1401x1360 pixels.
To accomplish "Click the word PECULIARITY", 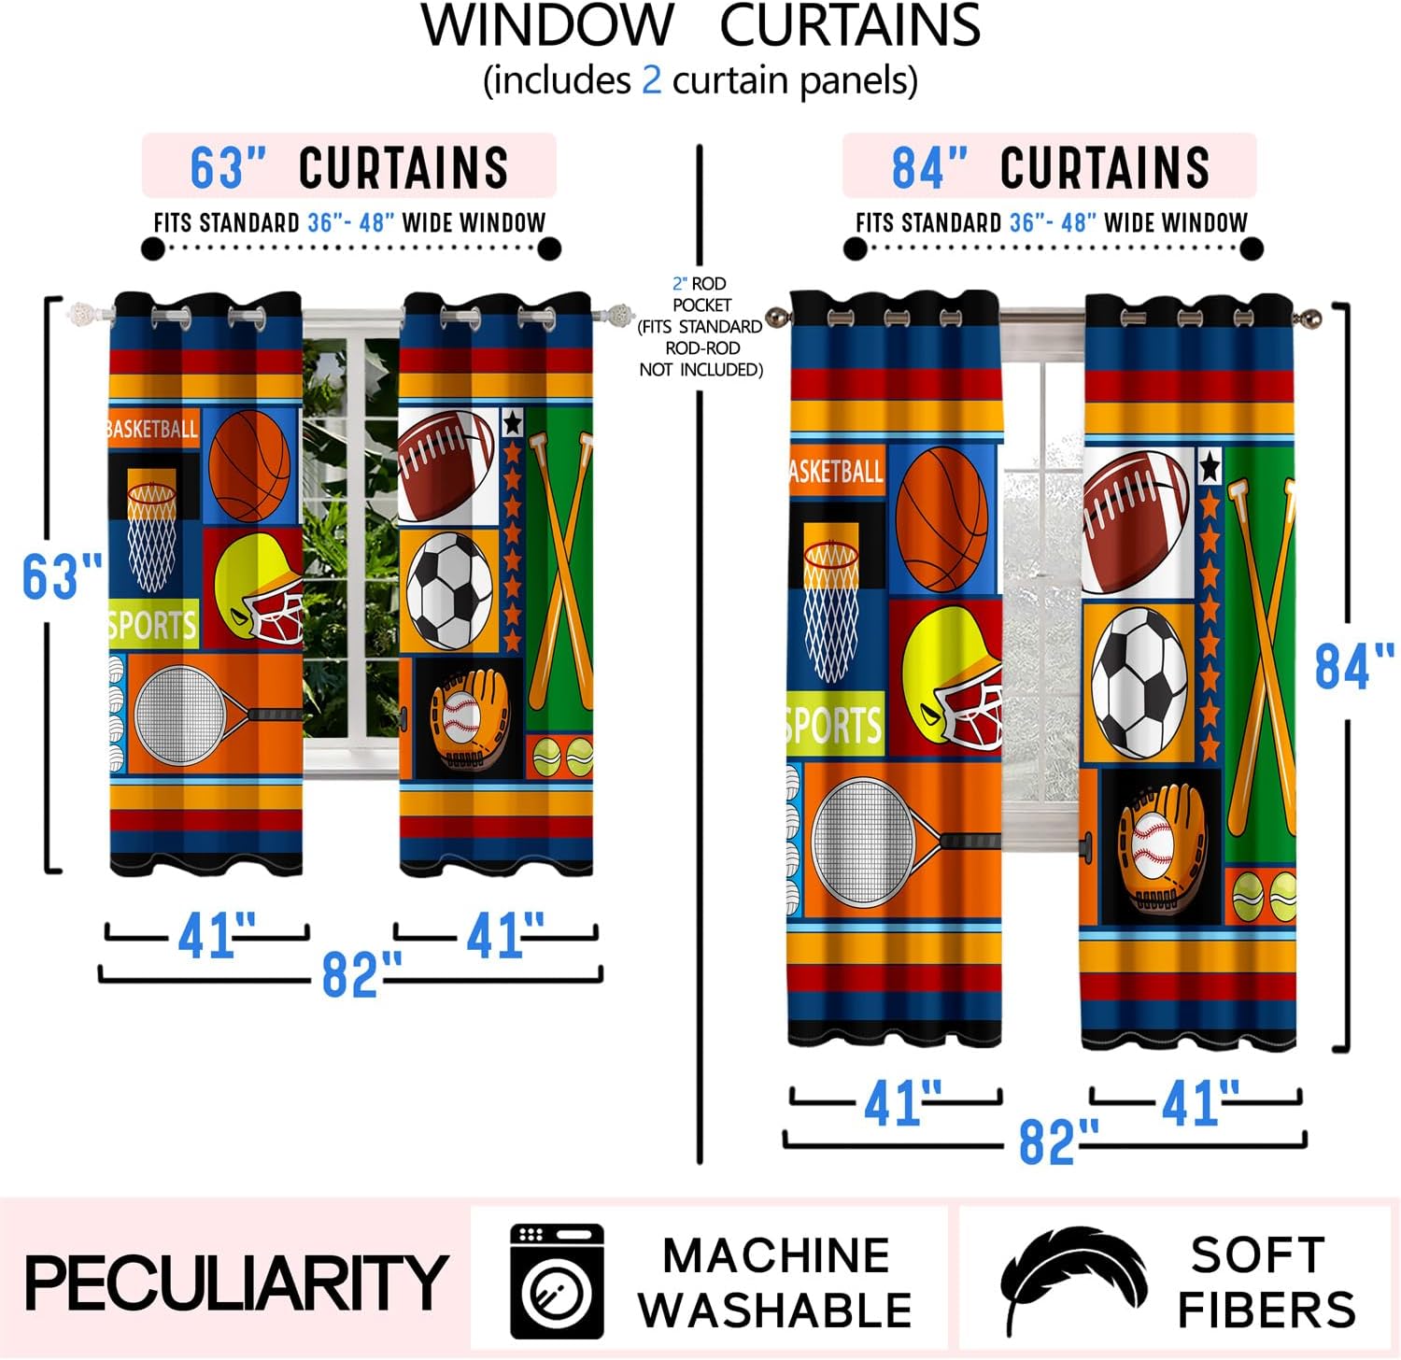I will (x=235, y=1282).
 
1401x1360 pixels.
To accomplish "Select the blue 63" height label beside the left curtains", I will (x=62, y=576).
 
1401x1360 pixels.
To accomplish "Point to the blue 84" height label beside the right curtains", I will (x=1353, y=666).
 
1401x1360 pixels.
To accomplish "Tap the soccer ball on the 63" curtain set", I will (x=450, y=590).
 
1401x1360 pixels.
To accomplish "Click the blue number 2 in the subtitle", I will (x=651, y=80).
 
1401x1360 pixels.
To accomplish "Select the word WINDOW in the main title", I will (x=547, y=25).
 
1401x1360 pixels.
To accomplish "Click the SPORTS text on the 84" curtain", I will (x=834, y=725).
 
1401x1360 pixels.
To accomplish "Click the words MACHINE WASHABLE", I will (x=775, y=1282).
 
